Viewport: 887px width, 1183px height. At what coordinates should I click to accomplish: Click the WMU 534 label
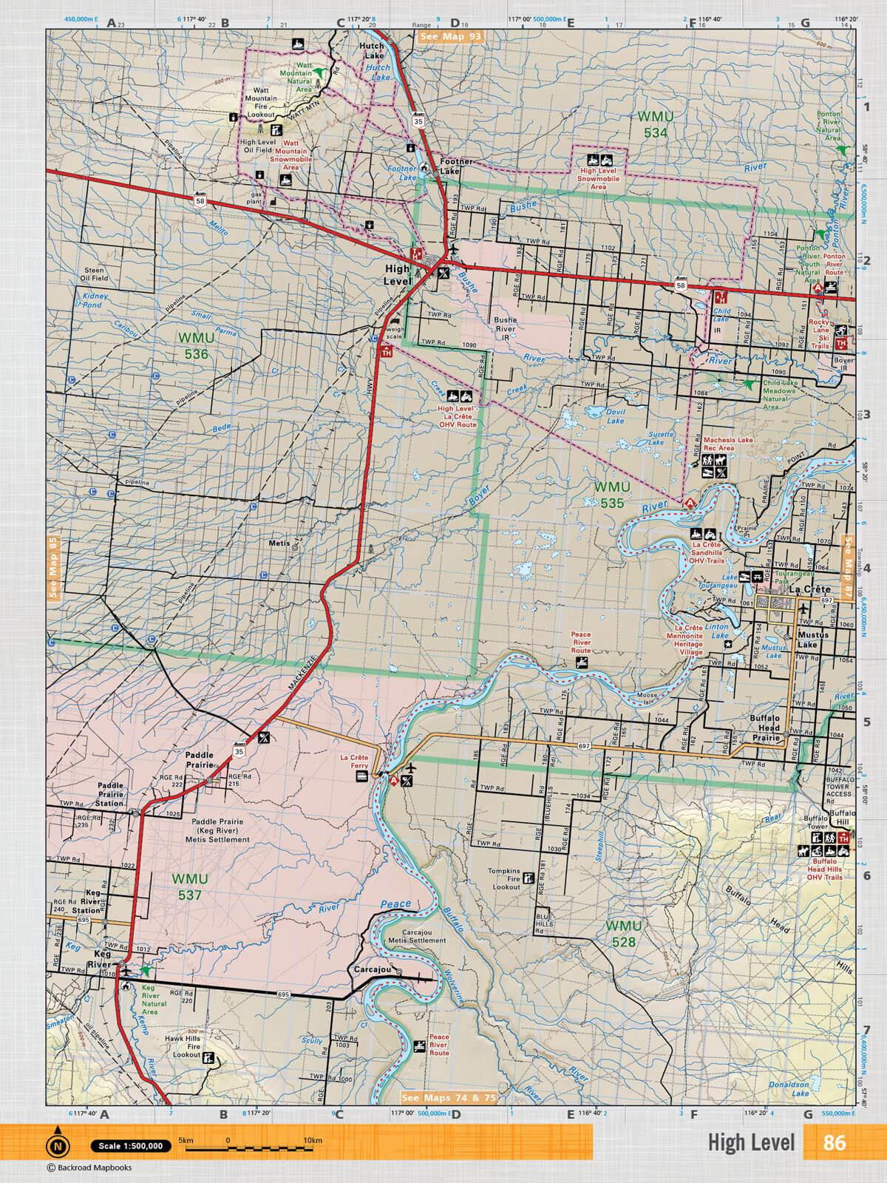[655, 124]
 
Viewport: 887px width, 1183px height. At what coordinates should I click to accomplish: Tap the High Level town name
[397, 275]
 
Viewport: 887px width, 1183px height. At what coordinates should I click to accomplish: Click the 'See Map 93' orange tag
[449, 35]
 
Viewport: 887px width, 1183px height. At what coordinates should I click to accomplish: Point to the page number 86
[834, 1142]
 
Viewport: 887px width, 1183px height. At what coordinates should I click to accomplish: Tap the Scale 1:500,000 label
[131, 1146]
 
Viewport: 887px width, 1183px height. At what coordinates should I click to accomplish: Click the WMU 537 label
[189, 887]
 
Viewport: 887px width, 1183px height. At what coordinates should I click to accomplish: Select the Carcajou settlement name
[372, 969]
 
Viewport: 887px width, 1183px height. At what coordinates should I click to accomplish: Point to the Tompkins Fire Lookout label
[504, 879]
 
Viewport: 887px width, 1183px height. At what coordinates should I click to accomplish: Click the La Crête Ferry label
[354, 762]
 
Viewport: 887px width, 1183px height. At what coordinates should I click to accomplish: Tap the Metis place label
[279, 543]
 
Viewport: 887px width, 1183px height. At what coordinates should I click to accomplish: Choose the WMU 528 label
[623, 933]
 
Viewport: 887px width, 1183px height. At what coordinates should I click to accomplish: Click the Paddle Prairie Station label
[110, 794]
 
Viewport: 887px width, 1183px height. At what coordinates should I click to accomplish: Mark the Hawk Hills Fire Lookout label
[183, 1046]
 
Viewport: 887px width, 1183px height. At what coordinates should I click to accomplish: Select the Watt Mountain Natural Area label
[295, 77]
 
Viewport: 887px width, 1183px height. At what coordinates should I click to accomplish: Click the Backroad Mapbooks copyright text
[89, 1167]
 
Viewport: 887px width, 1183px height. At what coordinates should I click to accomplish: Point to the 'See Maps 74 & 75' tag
[449, 1098]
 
